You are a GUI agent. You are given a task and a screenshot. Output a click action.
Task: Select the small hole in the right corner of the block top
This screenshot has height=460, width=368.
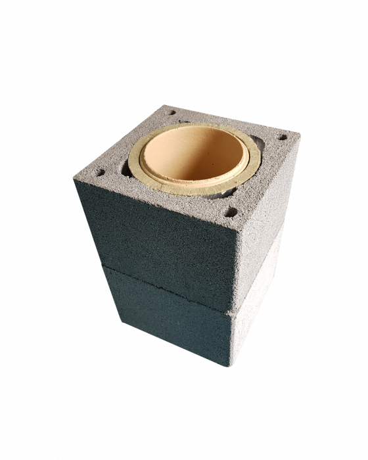[283, 139]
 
